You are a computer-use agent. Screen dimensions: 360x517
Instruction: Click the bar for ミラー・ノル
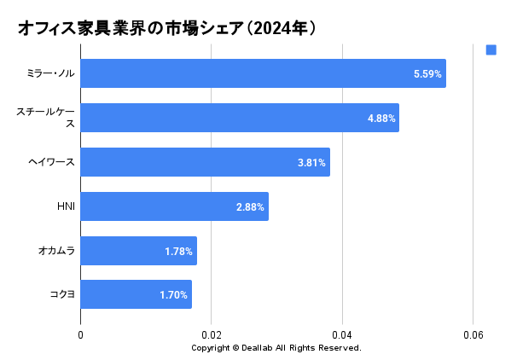263,73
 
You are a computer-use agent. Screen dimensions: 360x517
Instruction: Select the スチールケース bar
240,118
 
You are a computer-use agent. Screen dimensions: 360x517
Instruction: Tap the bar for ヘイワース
205,162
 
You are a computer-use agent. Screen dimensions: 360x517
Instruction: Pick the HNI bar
174,206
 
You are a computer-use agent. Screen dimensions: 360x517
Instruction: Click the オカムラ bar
138,251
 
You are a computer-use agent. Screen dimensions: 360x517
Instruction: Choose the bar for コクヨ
136,295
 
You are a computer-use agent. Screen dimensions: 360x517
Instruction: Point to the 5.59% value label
427,74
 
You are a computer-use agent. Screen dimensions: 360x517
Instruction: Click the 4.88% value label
381,119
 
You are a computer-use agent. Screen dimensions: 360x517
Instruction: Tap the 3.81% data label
311,163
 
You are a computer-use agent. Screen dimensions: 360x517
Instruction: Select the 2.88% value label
250,207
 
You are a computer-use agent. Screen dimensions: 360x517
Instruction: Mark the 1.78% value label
179,252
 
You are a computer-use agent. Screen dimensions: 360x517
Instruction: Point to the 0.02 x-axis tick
212,335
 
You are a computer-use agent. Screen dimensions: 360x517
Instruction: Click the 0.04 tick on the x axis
342,335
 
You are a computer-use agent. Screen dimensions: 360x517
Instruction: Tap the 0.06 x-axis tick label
473,335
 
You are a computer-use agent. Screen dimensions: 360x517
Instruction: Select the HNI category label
66,206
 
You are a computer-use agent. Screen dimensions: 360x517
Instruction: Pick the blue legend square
491,49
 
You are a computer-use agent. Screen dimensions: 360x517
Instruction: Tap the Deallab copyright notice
276,348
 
